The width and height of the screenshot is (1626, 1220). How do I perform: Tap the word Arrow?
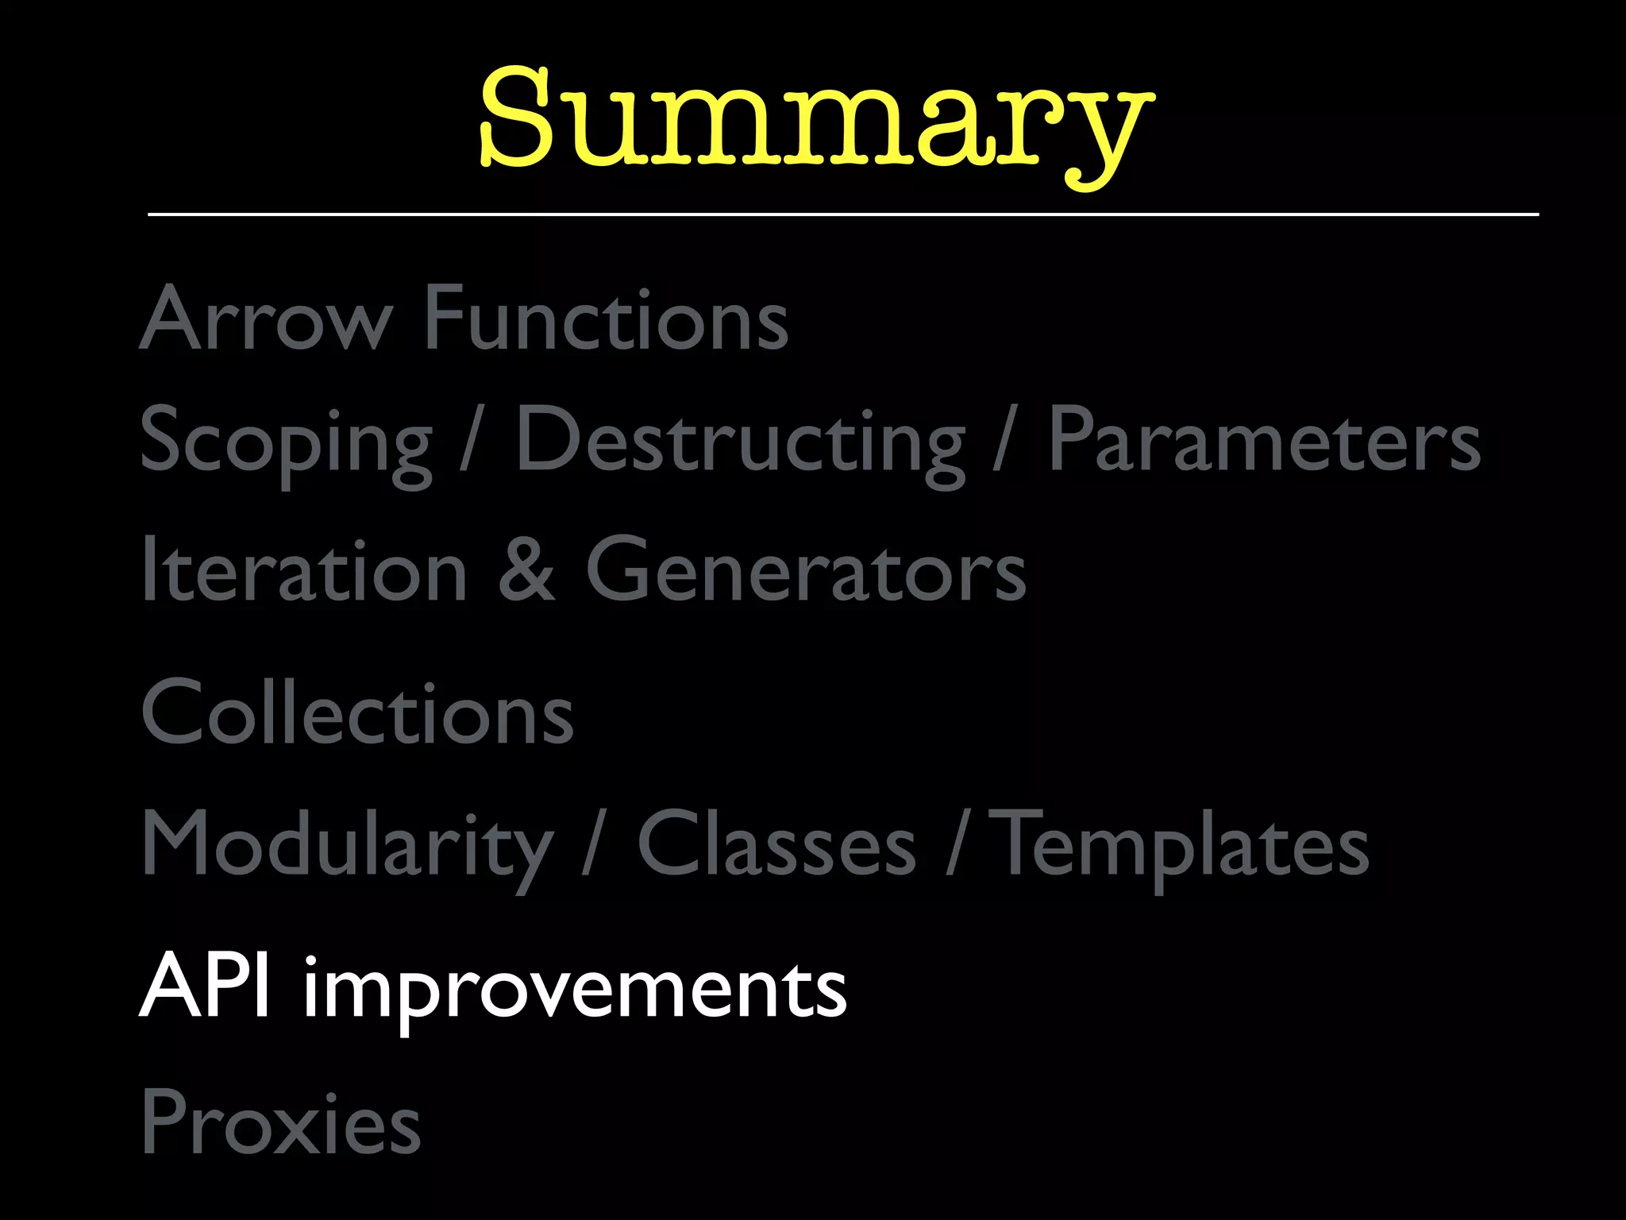(267, 318)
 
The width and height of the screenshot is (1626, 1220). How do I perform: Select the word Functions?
(607, 318)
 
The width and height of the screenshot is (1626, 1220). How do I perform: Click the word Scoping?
(286, 442)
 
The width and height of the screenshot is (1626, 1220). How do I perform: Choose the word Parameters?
(1264, 440)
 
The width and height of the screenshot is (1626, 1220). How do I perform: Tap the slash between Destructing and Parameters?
(1005, 440)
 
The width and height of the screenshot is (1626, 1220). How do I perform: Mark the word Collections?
(357, 712)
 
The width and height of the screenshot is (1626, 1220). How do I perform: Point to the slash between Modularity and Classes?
(594, 844)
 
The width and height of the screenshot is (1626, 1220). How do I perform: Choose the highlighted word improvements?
(575, 990)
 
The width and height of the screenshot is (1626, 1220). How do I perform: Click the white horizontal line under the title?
(843, 214)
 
